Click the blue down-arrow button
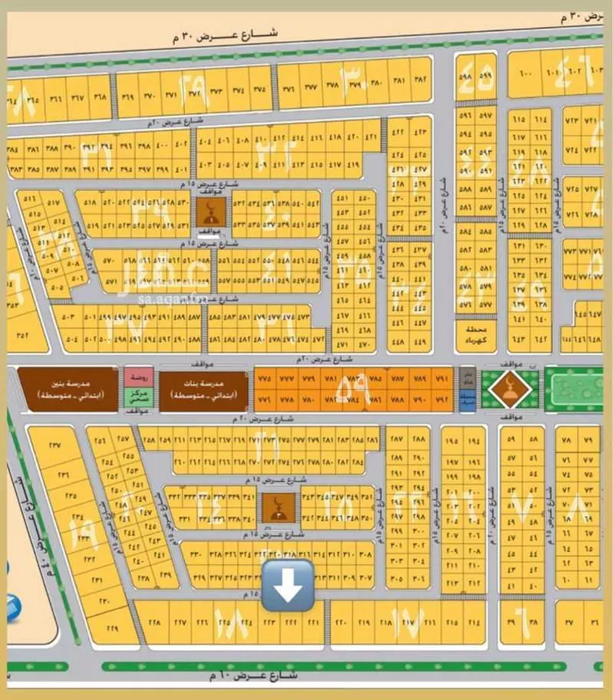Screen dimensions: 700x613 tap(288, 585)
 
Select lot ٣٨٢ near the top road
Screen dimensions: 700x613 tap(420, 81)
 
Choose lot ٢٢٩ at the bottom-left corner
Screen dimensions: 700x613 tap(113, 628)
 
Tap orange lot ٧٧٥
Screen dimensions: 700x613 tap(264, 380)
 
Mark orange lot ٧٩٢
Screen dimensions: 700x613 tap(442, 401)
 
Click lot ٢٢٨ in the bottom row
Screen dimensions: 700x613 tap(152, 622)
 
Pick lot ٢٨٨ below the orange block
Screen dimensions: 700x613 tap(419, 441)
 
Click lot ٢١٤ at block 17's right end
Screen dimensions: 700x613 tap(473, 622)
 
